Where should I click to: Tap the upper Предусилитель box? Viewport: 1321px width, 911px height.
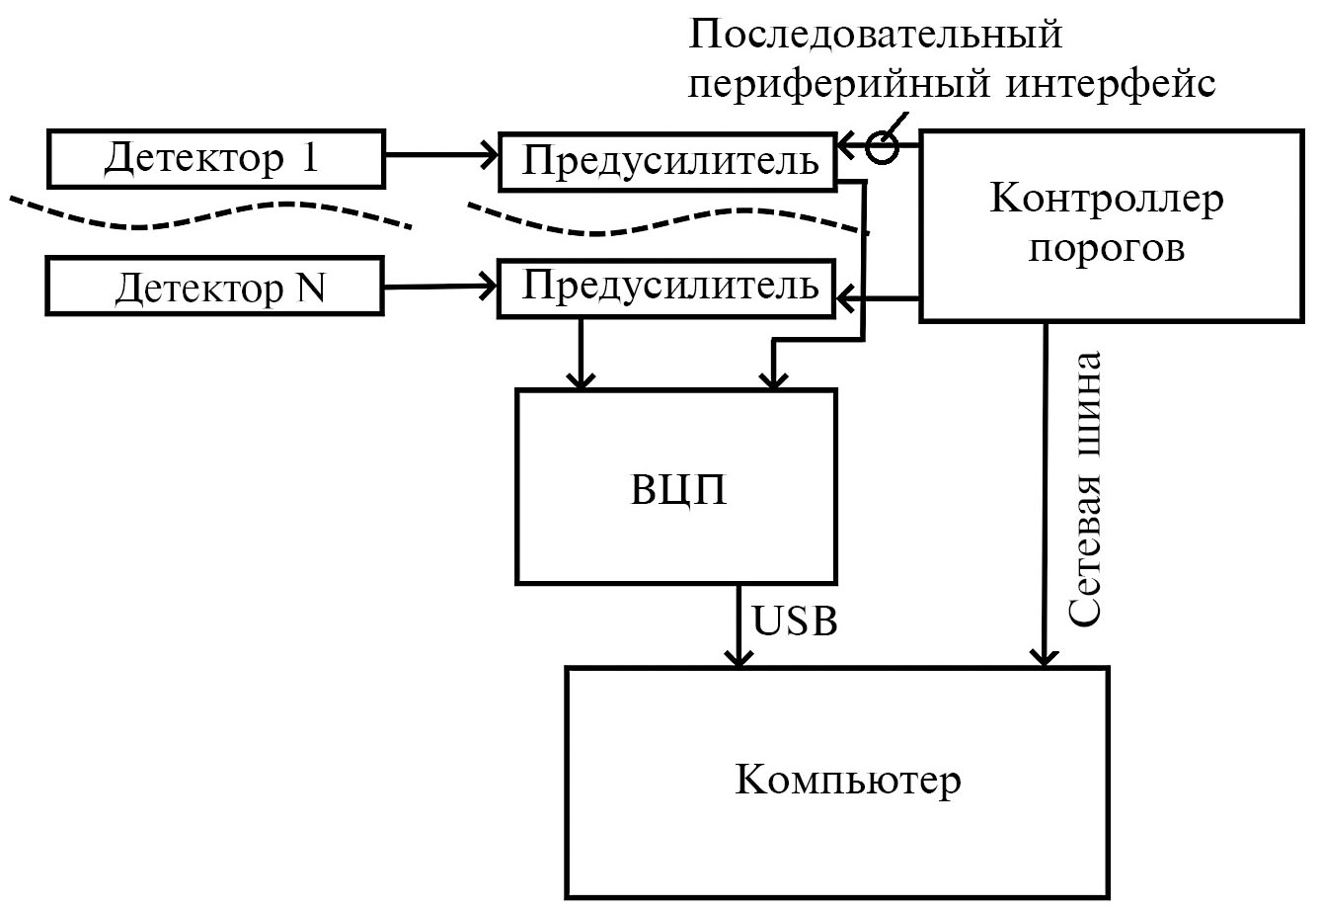(x=666, y=159)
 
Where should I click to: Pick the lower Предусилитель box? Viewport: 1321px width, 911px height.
(x=666, y=287)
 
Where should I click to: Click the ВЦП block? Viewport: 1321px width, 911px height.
(x=676, y=486)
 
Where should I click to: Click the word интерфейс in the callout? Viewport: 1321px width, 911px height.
(x=1112, y=84)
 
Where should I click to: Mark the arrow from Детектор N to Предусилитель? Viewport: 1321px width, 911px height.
(x=439, y=288)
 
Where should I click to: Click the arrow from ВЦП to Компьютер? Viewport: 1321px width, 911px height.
(x=738, y=624)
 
